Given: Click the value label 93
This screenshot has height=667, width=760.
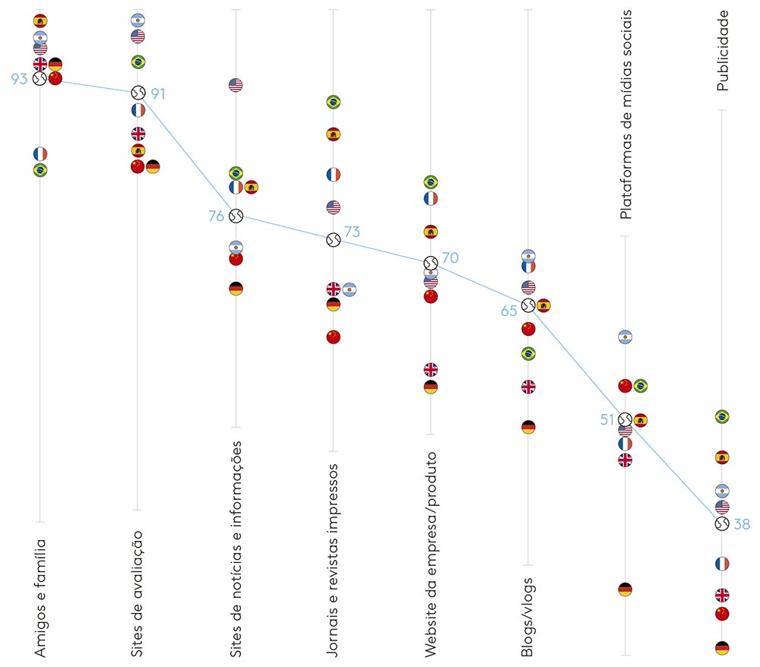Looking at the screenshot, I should [x=19, y=77].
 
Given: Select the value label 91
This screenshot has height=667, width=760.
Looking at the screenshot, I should [x=157, y=93].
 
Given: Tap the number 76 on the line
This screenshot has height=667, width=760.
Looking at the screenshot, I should [x=217, y=216].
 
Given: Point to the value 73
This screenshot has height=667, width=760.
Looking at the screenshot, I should [x=352, y=232].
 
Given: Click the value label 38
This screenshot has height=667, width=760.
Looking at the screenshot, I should [x=742, y=523].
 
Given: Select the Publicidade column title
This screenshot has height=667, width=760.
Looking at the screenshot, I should [x=723, y=50].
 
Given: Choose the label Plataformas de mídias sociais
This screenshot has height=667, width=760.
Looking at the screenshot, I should [x=626, y=114].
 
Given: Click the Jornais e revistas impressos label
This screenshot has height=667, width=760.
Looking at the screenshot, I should [x=332, y=560].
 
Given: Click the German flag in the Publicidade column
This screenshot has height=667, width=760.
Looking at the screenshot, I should [x=722, y=648].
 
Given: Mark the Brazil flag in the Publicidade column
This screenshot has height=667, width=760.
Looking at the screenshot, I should [x=722, y=416].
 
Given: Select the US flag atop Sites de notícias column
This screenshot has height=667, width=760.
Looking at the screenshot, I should [x=236, y=85].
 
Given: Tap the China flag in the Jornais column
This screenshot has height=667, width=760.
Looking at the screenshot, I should [x=333, y=337].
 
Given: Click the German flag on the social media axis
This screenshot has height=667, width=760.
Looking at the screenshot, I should [x=625, y=589].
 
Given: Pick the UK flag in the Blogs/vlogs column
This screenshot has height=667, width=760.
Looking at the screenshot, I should [x=528, y=387].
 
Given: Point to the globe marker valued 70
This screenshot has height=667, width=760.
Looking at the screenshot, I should [x=430, y=262].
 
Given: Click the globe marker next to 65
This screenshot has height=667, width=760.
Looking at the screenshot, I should [x=528, y=305].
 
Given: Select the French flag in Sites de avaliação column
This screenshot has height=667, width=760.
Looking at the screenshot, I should [x=138, y=110].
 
